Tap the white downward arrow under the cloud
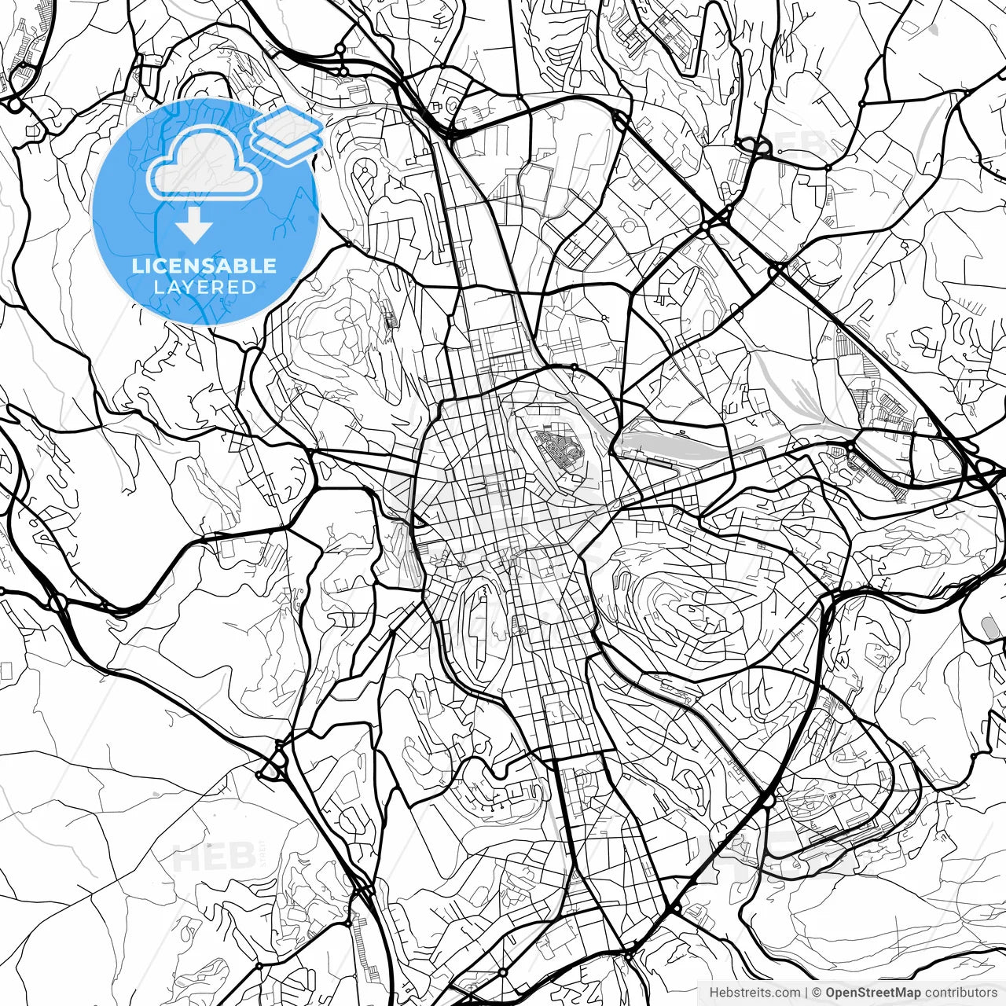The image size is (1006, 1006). pyautogui.click(x=193, y=224)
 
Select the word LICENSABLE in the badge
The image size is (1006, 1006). pyautogui.click(x=204, y=266)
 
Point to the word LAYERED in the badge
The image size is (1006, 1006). pyautogui.click(x=204, y=287)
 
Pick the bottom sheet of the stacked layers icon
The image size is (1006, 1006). pyautogui.click(x=287, y=146)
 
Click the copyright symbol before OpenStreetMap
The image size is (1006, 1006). pyautogui.click(x=817, y=993)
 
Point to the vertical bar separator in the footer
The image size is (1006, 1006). pyautogui.click(x=807, y=993)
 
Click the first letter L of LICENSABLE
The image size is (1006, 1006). pyautogui.click(x=137, y=266)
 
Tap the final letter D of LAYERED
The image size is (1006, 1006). pyautogui.click(x=250, y=287)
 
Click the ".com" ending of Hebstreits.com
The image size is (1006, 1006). pyautogui.click(x=787, y=993)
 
